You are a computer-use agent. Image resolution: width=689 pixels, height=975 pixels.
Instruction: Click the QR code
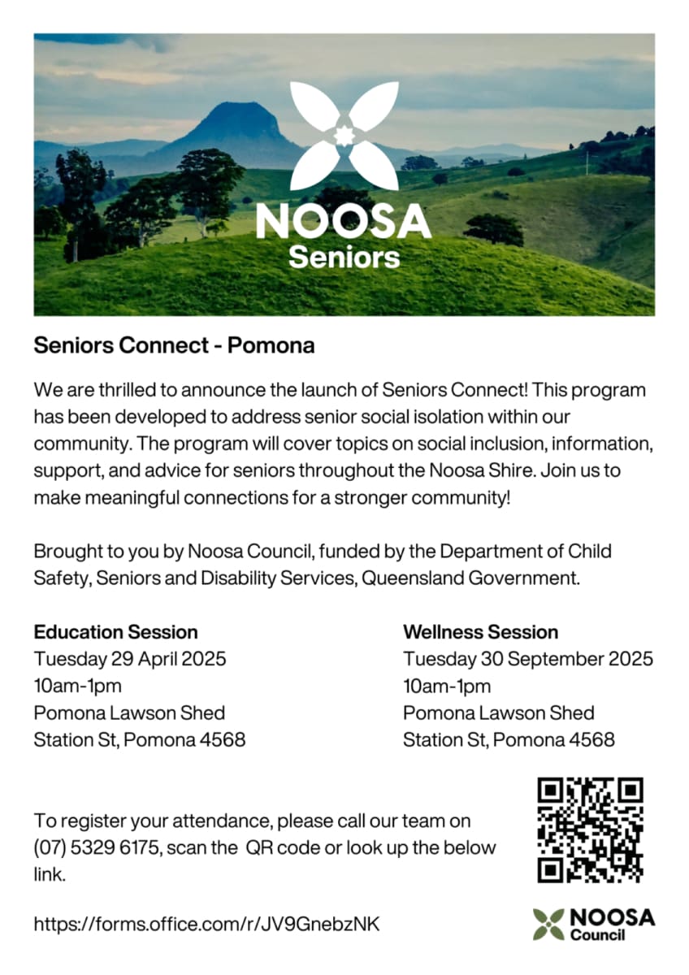pyautogui.click(x=591, y=830)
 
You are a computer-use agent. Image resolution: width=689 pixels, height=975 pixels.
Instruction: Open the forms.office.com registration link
pyautogui.click(x=206, y=924)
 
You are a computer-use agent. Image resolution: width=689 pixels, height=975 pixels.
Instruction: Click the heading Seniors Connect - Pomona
pyautogui.click(x=174, y=346)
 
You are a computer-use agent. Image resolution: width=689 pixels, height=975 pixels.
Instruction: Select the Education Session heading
pyautogui.click(x=115, y=632)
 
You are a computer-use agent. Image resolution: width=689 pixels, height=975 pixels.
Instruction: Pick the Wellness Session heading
pyautogui.click(x=480, y=632)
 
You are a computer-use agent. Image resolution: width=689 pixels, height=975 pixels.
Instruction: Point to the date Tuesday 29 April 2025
pyautogui.click(x=130, y=659)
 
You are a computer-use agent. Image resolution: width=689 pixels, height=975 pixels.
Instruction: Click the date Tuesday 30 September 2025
pyautogui.click(x=527, y=659)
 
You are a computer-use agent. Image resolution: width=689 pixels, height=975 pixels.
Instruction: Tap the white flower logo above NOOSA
pyautogui.click(x=344, y=135)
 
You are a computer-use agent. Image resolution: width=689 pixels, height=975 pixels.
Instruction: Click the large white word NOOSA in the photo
pyautogui.click(x=343, y=222)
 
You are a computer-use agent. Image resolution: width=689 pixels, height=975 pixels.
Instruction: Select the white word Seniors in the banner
pyautogui.click(x=344, y=258)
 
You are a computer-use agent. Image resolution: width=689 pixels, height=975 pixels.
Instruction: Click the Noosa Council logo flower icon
pyautogui.click(x=548, y=924)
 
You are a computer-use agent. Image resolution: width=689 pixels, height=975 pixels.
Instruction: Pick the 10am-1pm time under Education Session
pyautogui.click(x=77, y=686)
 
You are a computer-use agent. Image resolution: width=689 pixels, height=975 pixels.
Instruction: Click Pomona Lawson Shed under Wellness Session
pyautogui.click(x=498, y=713)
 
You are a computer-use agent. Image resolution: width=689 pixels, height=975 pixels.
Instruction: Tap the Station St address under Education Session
pyautogui.click(x=139, y=740)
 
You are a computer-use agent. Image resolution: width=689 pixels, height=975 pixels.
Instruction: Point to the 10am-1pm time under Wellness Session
pyautogui.click(x=447, y=686)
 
